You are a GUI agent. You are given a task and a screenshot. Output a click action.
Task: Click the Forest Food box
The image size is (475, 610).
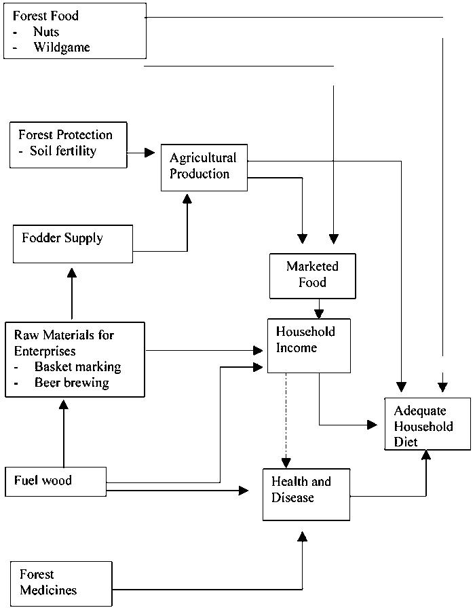point(75,31)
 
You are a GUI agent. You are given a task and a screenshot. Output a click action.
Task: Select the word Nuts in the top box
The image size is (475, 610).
point(46,32)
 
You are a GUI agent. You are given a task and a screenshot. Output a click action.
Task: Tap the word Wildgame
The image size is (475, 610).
point(61,47)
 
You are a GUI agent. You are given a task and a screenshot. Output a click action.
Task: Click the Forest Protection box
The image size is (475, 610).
point(69,144)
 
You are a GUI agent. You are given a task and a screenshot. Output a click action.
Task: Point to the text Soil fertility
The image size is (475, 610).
point(63,151)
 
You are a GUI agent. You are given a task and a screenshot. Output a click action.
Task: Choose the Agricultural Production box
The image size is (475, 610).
point(204,166)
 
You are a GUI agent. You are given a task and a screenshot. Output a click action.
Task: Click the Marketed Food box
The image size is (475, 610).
point(312,275)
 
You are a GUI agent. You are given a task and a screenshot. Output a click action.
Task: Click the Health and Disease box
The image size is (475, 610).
point(306,495)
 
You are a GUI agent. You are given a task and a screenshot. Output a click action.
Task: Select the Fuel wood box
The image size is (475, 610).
point(56,482)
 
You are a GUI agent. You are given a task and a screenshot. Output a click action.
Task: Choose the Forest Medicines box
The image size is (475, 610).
point(61,584)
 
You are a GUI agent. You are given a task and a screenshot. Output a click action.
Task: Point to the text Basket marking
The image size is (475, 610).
point(77,366)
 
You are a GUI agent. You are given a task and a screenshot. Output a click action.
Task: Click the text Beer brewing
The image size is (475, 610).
point(72,382)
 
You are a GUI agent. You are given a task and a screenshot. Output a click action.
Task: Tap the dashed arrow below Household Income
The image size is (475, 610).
point(286,421)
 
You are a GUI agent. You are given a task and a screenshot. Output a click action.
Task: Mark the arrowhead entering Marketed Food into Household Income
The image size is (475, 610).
point(318,313)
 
